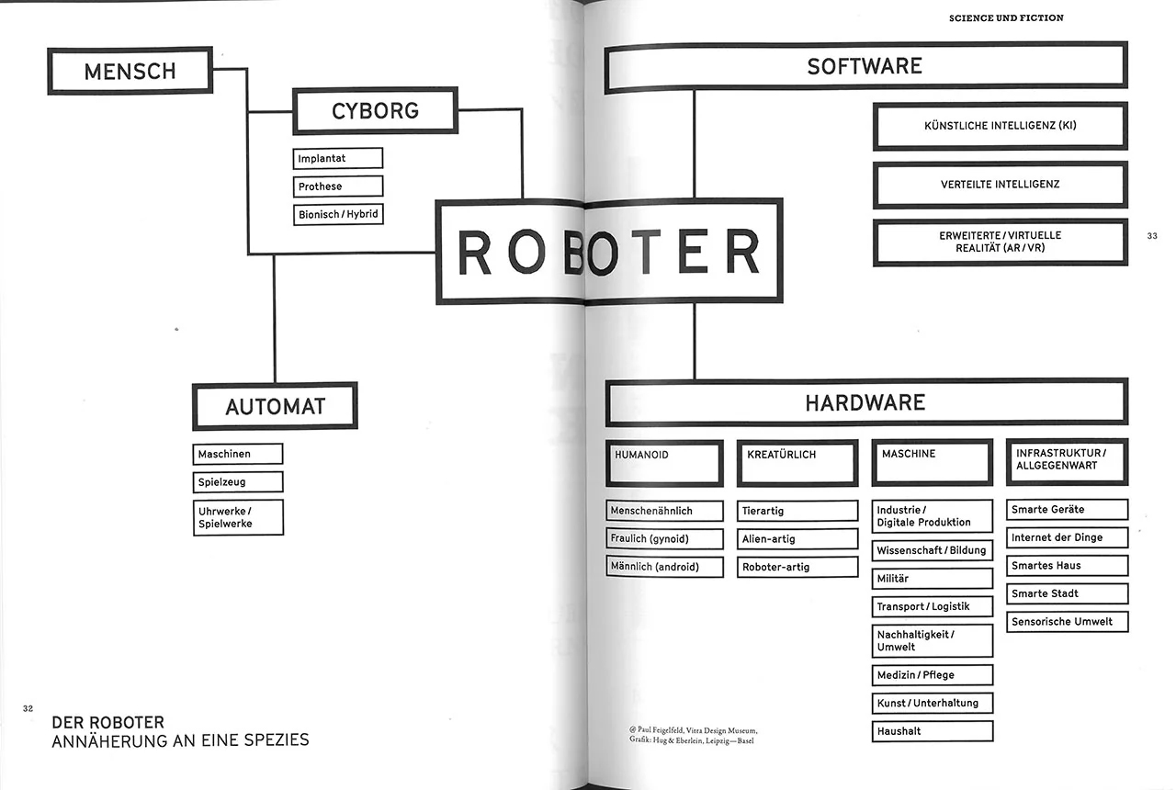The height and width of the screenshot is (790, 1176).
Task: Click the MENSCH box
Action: pos(130,71)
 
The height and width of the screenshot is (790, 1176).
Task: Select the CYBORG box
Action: pos(375,110)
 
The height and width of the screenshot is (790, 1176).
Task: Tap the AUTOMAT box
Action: pos(275,406)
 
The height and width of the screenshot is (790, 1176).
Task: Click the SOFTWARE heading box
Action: pos(865,66)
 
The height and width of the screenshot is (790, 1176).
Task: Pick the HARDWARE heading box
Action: pos(865,402)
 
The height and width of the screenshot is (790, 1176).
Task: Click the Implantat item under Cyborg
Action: pos(337,159)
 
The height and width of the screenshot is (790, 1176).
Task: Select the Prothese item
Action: pos(337,186)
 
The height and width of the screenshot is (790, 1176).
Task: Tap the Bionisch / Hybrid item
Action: pos(337,214)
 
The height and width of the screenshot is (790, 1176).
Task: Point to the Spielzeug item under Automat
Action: pos(238,481)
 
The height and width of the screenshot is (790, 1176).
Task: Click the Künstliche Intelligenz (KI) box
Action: pos(1000,126)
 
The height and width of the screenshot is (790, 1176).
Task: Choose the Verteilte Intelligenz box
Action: pos(1000,184)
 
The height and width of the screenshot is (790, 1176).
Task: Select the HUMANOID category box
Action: pos(664,463)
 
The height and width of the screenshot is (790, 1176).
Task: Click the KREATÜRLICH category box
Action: pos(797,463)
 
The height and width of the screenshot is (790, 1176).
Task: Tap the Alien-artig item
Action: pos(797,539)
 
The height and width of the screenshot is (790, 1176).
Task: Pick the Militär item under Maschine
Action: pos(932,579)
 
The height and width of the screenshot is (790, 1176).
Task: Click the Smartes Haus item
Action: pos(1067,566)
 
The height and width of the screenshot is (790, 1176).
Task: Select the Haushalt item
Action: pos(932,731)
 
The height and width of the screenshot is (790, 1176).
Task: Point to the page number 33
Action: pos(1152,236)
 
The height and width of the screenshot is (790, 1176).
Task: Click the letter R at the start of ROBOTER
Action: pos(475,253)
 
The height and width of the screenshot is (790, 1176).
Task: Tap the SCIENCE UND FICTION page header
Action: pos(1006,18)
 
